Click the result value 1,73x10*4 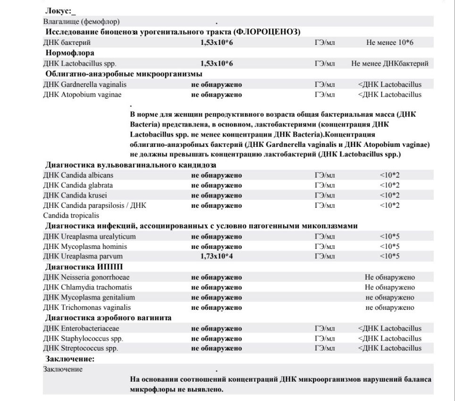pos(217,256)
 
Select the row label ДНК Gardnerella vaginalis pos(85,85)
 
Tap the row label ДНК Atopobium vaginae pos(82,94)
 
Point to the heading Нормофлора pos(69,53)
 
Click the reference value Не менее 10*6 pos(390,43)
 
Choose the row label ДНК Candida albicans pos(78,175)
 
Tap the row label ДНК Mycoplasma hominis pos(85,247)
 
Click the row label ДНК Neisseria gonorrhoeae pos(86,277)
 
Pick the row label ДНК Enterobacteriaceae pos(81,328)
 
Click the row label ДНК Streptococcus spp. pos(81,349)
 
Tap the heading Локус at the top pos(59,10)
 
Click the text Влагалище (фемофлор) pos(81,21)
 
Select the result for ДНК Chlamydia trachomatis pos(217,287)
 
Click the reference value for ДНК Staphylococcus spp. pos(390,338)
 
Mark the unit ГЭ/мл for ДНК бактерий pos(325,43)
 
